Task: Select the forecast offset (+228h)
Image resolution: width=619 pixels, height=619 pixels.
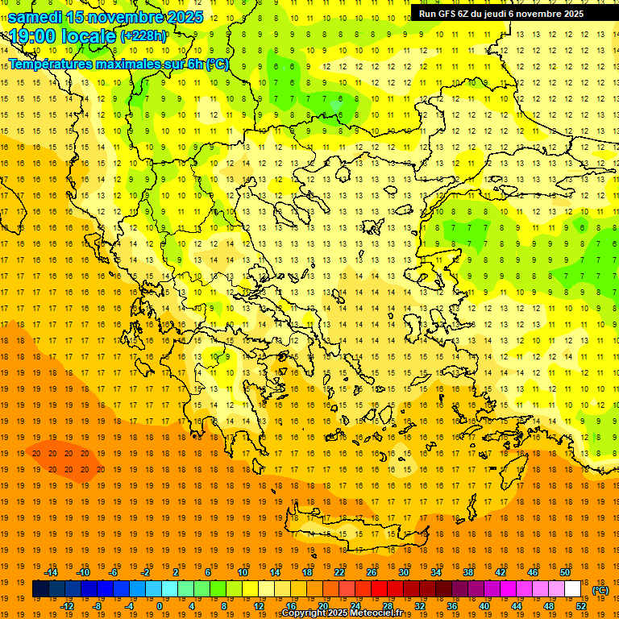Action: click(x=143, y=36)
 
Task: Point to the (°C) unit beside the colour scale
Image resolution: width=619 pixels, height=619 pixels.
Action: click(x=600, y=590)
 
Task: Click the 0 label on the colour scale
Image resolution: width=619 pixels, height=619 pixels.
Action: click(x=159, y=606)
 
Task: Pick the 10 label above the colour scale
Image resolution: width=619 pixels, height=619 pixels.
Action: click(x=242, y=572)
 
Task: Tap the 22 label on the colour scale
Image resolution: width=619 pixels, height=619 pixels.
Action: click(x=339, y=572)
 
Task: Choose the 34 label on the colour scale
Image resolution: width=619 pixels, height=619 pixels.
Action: click(x=436, y=572)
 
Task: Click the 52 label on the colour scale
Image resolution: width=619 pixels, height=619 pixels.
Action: click(x=581, y=606)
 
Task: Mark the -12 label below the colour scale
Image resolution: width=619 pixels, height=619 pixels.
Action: click(x=67, y=606)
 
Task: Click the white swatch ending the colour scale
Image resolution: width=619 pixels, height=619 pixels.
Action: click(x=573, y=589)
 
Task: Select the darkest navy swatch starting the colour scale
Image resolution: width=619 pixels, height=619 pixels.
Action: click(x=40, y=589)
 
